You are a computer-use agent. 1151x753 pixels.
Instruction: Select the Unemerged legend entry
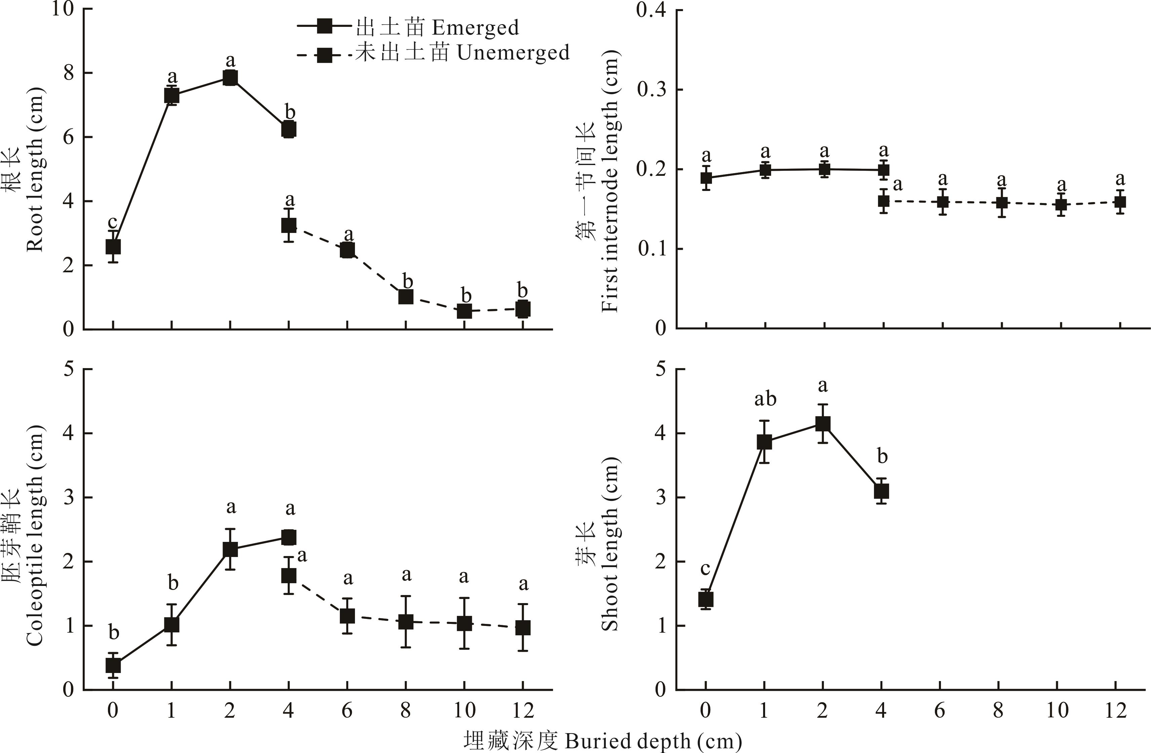tap(433, 53)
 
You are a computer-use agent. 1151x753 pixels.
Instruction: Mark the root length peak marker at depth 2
tap(230, 78)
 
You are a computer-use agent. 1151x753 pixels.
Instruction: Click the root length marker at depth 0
tap(113, 247)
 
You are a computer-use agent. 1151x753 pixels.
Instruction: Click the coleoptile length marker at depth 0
tap(113, 666)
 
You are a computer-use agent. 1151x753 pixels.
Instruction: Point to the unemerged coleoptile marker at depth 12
tap(523, 628)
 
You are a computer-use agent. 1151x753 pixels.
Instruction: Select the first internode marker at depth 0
tap(706, 178)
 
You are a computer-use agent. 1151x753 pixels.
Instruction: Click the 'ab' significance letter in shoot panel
tap(765, 399)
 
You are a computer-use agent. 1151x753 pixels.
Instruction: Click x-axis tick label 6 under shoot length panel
tap(940, 710)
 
